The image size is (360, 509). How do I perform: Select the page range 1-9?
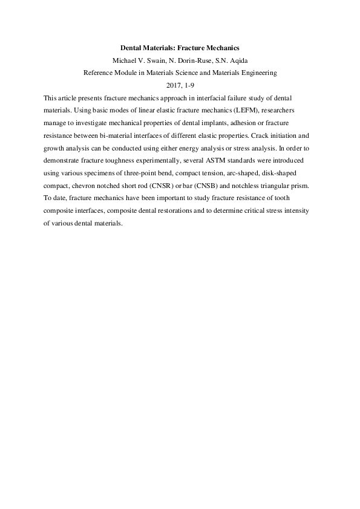point(190,85)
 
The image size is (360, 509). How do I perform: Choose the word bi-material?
point(127,135)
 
